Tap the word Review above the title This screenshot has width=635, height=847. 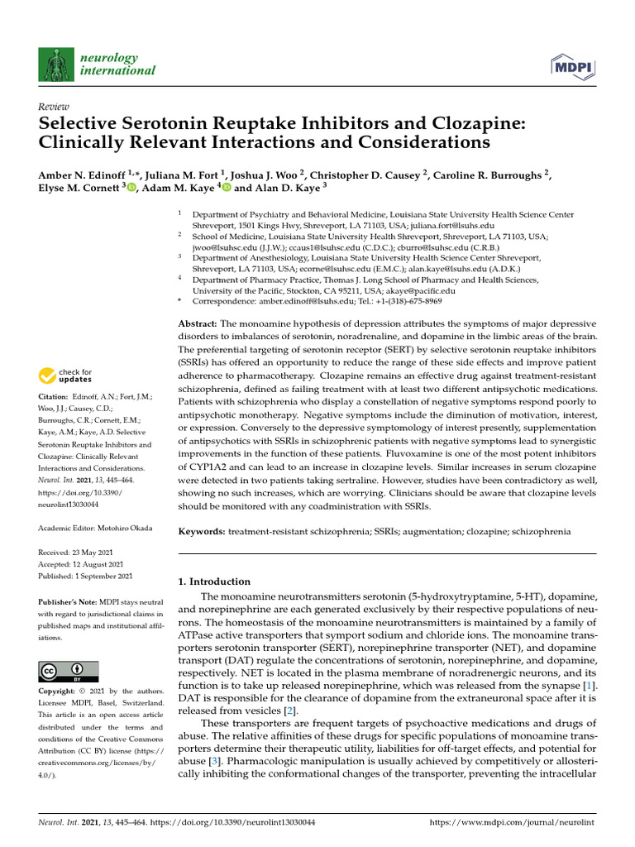(x=54, y=108)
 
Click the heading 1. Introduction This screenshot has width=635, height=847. (x=214, y=581)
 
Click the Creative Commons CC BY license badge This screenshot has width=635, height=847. (x=69, y=671)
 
